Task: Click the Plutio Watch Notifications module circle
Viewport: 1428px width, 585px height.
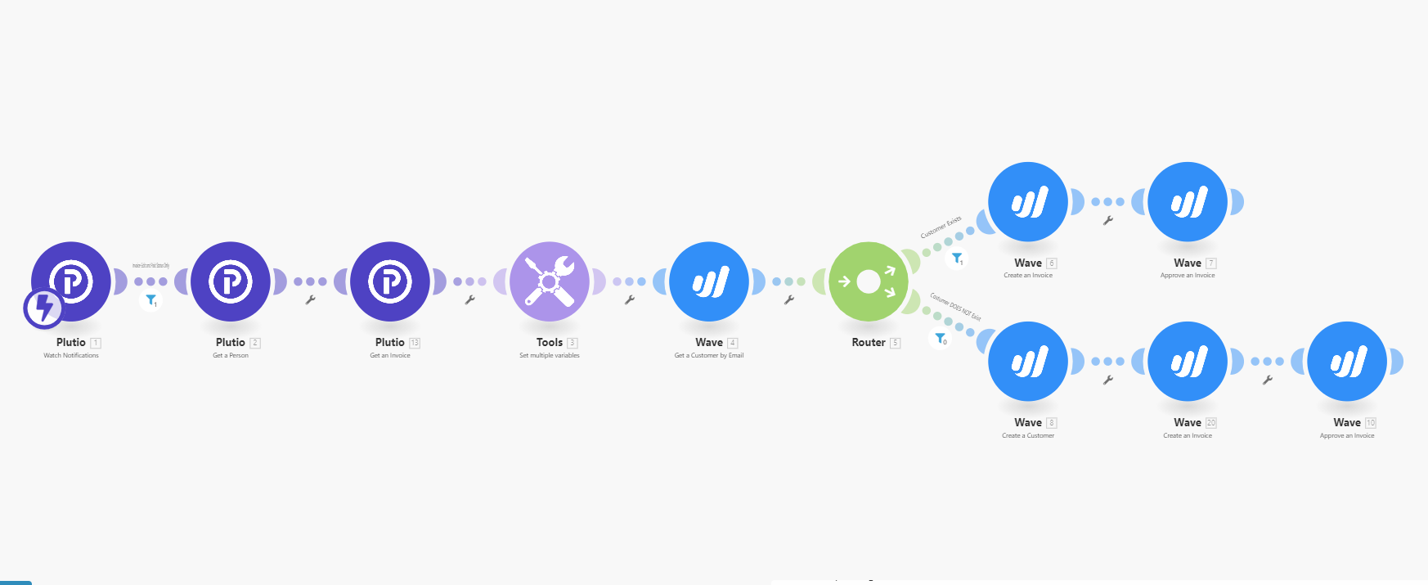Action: click(71, 281)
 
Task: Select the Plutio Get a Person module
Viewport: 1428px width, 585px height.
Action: click(231, 281)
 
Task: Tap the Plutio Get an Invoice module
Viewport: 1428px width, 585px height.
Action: click(390, 281)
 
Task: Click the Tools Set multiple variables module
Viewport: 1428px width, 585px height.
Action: click(550, 281)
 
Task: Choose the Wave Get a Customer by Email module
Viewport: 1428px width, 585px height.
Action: click(709, 281)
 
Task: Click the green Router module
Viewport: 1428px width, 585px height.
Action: click(869, 281)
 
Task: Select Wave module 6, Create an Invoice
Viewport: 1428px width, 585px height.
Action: click(1028, 201)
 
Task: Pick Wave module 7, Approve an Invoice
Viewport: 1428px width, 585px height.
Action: click(1188, 201)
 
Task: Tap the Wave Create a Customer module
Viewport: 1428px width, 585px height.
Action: click(1028, 361)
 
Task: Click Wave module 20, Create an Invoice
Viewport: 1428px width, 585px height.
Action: click(1188, 361)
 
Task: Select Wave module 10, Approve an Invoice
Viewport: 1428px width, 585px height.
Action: click(1347, 361)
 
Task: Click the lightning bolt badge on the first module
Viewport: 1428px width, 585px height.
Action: click(43, 308)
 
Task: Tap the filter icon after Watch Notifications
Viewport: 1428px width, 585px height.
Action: click(151, 300)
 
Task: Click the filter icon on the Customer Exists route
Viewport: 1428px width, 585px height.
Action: click(957, 259)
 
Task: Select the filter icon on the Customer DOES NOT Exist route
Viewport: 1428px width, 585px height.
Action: click(941, 338)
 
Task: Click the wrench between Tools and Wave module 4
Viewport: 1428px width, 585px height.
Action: click(630, 300)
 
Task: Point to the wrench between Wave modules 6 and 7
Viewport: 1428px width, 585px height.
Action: click(1108, 220)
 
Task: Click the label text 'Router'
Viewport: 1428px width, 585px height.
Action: click(869, 343)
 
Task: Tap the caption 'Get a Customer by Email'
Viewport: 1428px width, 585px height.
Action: click(709, 356)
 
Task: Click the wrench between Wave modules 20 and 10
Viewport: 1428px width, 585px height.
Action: click(1268, 380)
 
